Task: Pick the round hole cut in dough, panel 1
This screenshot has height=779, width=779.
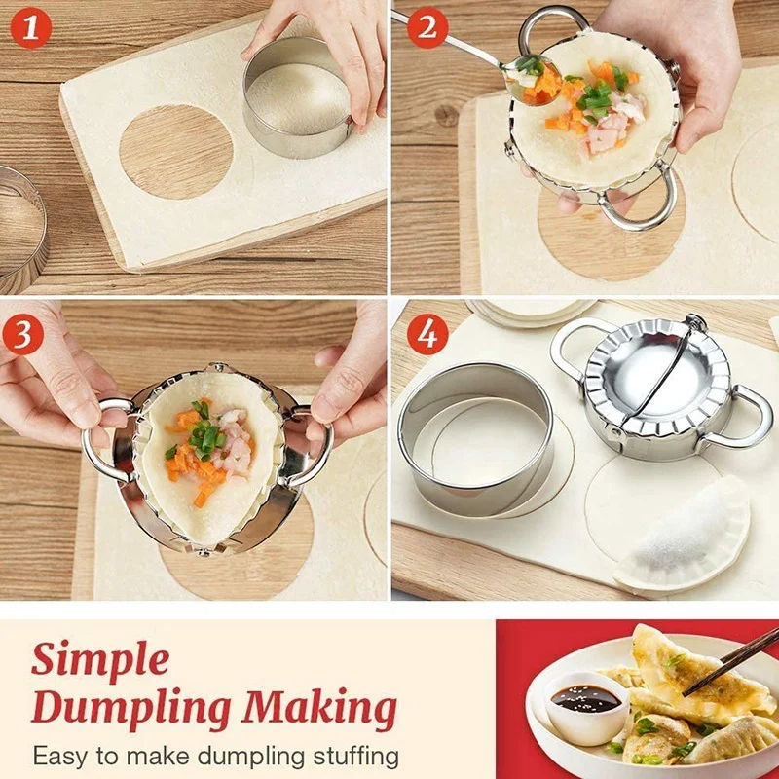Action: click(x=176, y=151)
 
